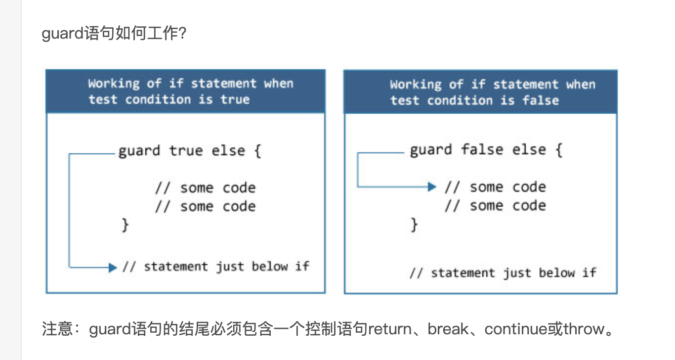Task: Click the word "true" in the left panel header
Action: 235,99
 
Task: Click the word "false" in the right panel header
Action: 541,100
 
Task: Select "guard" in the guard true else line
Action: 139,150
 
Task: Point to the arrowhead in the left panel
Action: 113,268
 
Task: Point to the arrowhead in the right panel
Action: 432,187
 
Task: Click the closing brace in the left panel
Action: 126,225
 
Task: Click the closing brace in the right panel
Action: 415,225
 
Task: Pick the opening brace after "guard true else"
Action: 257,150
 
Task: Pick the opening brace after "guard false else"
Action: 558,149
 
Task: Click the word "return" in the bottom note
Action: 390,329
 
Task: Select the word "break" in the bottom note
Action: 448,329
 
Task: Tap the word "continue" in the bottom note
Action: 516,329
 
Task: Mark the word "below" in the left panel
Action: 270,267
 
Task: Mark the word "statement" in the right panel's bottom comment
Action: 462,273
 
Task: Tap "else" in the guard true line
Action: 228,150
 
